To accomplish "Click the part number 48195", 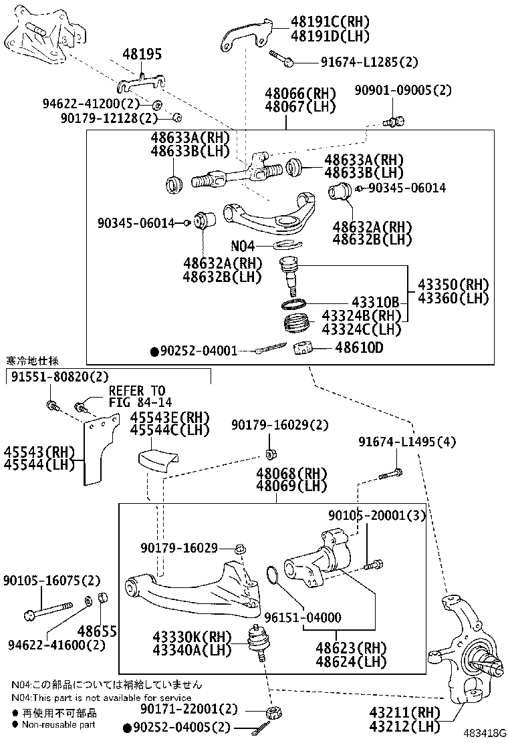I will point(142,55).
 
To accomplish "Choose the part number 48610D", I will point(359,348).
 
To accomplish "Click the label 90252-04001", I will point(199,350).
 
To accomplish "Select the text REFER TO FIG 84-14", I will point(137,396).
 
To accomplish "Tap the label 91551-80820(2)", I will point(59,376).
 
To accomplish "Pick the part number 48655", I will point(97,631).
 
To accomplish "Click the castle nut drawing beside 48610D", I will point(304,349).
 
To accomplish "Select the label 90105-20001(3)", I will point(376,515).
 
